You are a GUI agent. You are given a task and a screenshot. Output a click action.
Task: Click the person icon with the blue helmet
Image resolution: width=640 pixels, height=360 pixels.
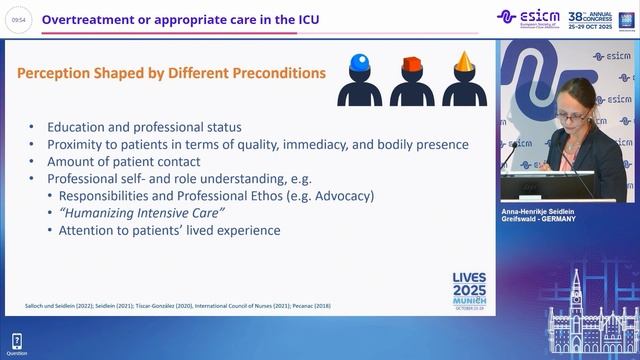click(x=359, y=80)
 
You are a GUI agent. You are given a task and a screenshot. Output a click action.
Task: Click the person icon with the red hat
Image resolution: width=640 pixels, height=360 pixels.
click(x=411, y=80)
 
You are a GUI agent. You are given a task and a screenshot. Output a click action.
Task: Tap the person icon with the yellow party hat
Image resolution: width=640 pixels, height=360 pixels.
click(x=463, y=80)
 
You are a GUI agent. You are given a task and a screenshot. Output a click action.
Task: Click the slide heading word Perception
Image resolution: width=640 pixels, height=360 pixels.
click(x=62, y=73)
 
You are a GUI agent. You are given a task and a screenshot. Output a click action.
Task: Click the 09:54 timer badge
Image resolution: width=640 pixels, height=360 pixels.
click(x=18, y=18)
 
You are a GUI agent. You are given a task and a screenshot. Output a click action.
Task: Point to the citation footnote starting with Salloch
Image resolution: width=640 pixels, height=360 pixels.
click(x=170, y=305)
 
